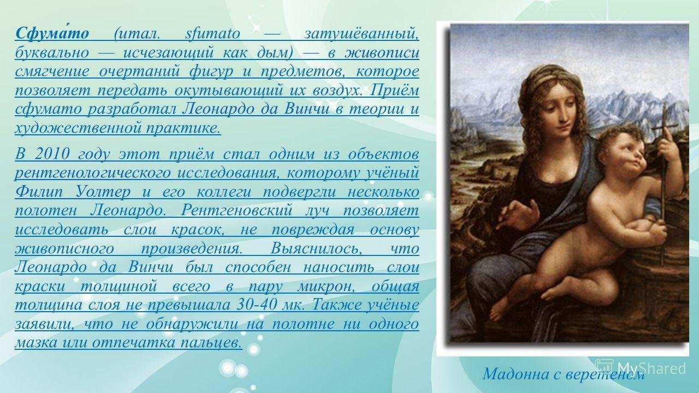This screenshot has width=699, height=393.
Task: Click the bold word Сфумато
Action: pyautogui.click(x=52, y=33)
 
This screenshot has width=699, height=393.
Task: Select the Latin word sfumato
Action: pyautogui.click(x=212, y=33)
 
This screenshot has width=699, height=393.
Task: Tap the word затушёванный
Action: pyautogui.click(x=362, y=33)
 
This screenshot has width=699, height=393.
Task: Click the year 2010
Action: pyautogui.click(x=51, y=154)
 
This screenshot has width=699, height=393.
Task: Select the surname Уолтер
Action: pyautogui.click(x=103, y=192)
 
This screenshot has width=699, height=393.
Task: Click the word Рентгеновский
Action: pyautogui.click(x=236, y=211)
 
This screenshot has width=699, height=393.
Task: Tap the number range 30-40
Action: pyautogui.click(x=257, y=305)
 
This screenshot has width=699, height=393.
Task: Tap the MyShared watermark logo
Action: pyautogui.click(x=641, y=368)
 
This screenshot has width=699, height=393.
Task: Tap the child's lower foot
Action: pyautogui.click(x=503, y=308)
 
